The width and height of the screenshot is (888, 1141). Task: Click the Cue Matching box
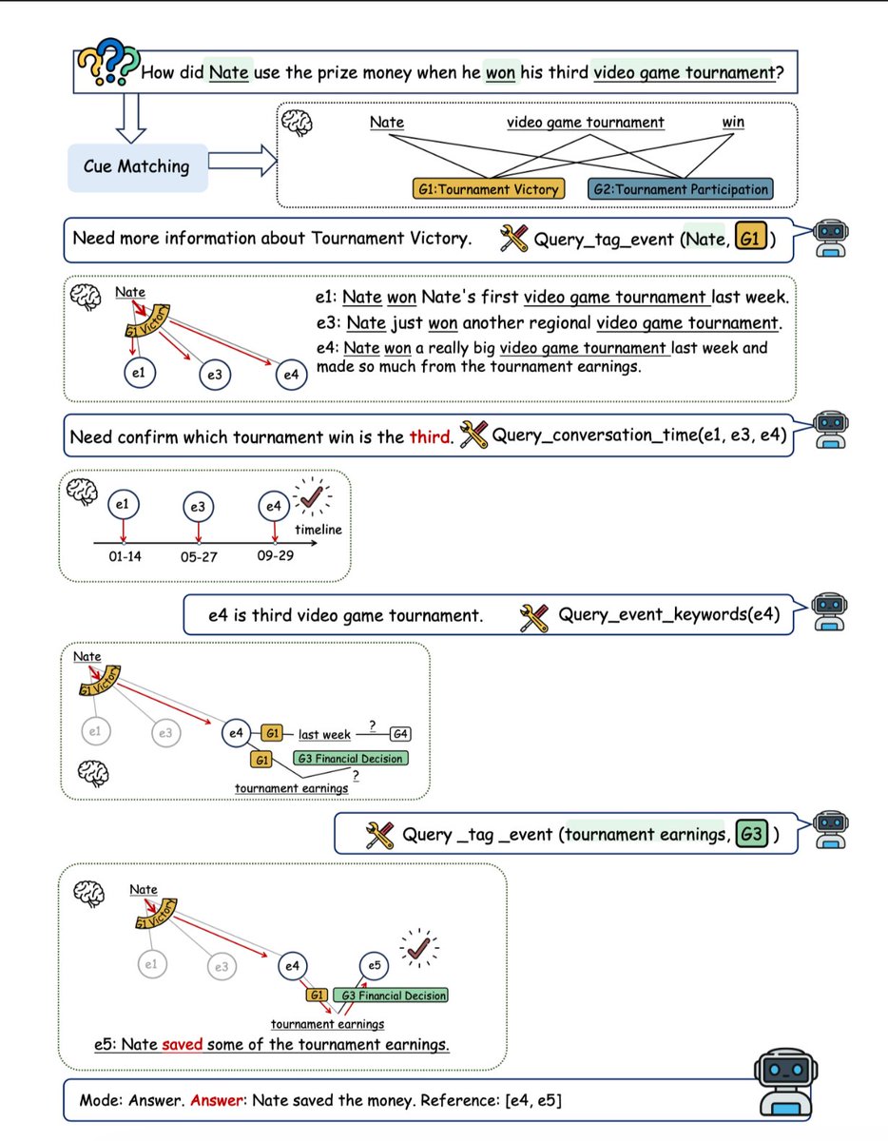138,167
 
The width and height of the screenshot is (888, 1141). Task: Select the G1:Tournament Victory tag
489,189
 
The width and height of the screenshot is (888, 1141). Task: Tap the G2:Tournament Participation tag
680,189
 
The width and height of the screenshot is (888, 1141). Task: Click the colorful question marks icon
108,62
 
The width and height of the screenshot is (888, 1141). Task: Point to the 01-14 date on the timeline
125,556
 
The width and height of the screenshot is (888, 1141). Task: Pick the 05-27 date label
199,557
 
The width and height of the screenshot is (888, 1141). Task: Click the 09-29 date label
275,555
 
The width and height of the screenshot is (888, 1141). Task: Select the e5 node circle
374,966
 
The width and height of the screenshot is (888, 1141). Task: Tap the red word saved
183,1044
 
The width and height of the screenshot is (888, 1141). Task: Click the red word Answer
216,1100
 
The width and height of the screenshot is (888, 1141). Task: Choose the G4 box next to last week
400,733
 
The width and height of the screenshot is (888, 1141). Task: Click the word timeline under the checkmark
319,530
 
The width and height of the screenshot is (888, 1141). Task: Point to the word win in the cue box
733,122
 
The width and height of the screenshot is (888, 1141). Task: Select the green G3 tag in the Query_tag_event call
751,834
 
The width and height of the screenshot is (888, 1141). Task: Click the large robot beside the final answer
785,1082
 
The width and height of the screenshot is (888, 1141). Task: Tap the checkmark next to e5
419,949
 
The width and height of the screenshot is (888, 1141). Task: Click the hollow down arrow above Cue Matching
130,118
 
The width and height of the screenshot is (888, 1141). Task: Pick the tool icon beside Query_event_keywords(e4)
533,617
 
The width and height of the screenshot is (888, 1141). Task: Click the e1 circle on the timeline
123,505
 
